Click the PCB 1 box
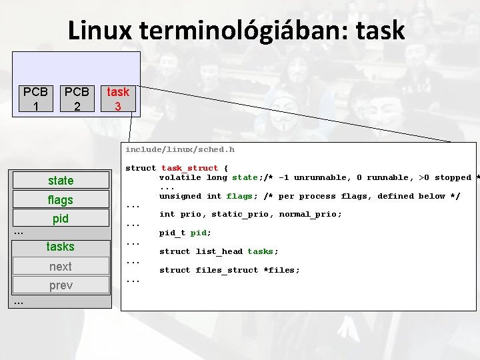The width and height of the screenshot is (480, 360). pyautogui.click(x=35, y=99)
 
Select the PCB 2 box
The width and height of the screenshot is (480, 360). pyautogui.click(x=77, y=99)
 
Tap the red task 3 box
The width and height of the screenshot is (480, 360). pyautogui.click(x=119, y=99)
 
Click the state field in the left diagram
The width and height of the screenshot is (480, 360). pyautogui.click(x=61, y=181)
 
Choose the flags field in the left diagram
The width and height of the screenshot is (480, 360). pyautogui.click(x=61, y=199)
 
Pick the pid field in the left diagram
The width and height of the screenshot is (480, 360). pyautogui.click(x=61, y=218)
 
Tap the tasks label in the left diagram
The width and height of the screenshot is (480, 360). pyautogui.click(x=61, y=247)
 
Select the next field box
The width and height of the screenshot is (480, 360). pyautogui.click(x=61, y=266)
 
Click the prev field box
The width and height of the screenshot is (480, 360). pyautogui.click(x=61, y=285)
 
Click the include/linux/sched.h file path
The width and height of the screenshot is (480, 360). pyautogui.click(x=180, y=149)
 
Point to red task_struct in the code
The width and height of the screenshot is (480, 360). pyautogui.click(x=190, y=168)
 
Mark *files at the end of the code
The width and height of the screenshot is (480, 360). pyautogui.click(x=284, y=270)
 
